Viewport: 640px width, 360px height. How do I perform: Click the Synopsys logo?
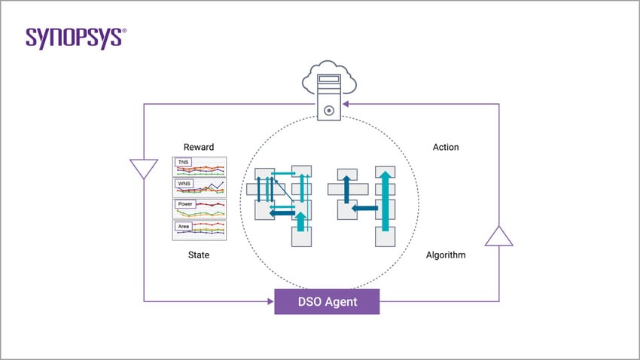75,38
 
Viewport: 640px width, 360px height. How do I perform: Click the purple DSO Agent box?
327,302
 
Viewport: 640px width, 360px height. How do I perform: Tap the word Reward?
199,147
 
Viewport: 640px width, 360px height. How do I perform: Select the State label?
199,255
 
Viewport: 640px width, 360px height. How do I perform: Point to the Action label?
446,147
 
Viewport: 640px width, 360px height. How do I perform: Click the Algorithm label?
446,255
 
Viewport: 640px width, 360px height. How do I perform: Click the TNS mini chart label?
183,162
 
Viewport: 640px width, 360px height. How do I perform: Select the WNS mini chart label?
184,183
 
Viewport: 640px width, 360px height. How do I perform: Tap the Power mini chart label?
185,204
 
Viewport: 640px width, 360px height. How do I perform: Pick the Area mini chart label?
183,226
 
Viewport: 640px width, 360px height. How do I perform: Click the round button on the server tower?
328,111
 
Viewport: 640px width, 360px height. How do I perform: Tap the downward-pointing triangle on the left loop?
143,169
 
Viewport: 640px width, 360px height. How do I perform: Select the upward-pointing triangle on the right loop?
498,236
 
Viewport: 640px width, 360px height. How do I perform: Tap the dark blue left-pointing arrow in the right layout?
366,208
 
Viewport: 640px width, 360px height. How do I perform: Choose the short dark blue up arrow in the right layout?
347,189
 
